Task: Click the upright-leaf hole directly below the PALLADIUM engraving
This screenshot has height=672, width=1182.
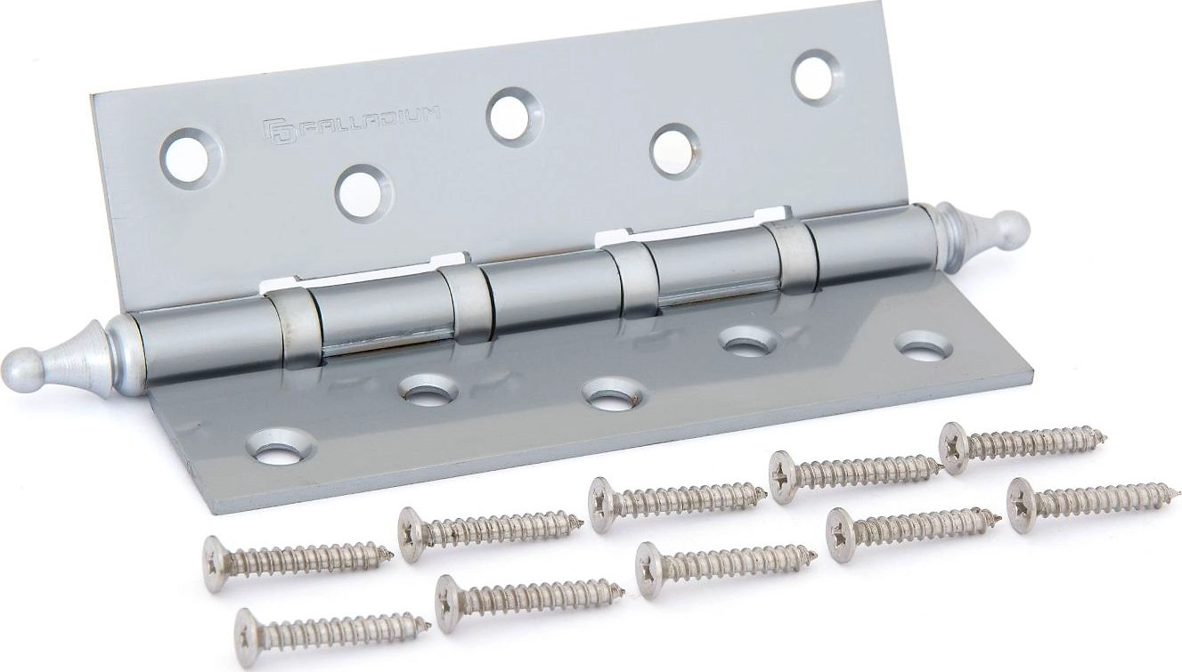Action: tap(363, 194)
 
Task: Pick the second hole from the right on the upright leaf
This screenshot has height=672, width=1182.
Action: tap(675, 150)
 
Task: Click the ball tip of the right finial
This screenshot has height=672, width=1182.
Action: tap(1010, 226)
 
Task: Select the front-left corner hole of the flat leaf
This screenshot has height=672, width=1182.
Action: tap(281, 447)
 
